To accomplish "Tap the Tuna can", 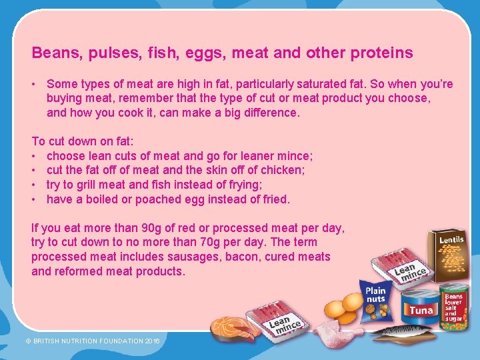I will click(420, 307).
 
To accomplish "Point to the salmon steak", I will click(233, 327).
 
